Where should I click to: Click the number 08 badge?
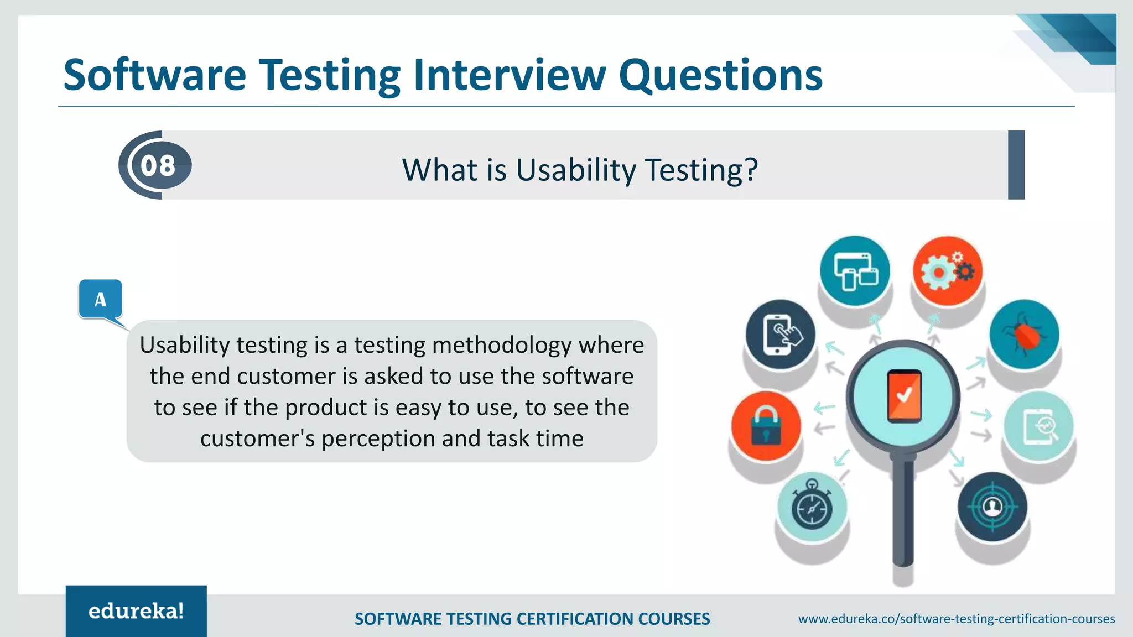(158, 165)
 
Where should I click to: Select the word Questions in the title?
(720, 75)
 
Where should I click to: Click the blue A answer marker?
(100, 299)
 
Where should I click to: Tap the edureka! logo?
(136, 611)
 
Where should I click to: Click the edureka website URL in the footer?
(956, 619)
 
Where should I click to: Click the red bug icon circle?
(1024, 335)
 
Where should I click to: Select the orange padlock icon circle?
(766, 426)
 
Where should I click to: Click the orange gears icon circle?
(947, 271)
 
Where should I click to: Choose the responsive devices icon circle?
(855, 270)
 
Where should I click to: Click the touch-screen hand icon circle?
(780, 335)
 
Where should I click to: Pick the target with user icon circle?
(992, 507)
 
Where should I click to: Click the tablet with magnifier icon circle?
(1038, 426)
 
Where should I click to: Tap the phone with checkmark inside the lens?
(904, 396)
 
